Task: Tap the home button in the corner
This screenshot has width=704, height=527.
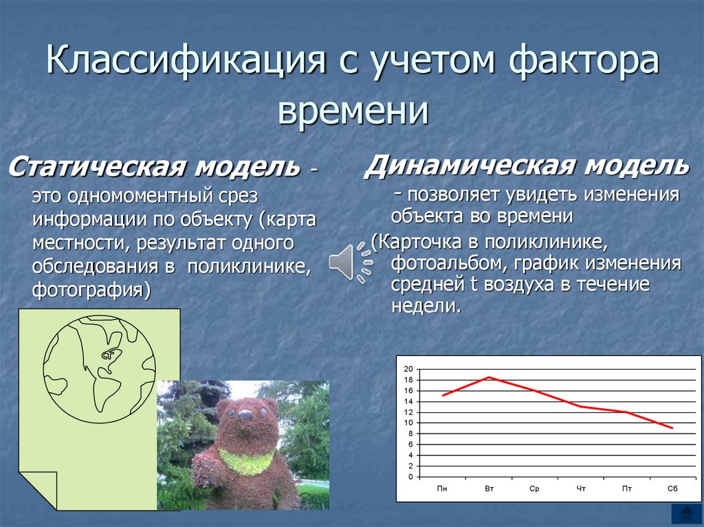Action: pos(685,513)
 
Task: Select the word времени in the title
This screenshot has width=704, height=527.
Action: pos(353,110)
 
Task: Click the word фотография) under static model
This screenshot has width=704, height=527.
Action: pos(91,289)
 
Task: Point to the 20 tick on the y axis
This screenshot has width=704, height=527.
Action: pos(408,369)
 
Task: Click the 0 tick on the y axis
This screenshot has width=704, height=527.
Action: pos(410,476)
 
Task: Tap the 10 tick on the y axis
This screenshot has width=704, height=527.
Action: pos(408,423)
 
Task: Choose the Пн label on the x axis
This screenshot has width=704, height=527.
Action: pos(442,489)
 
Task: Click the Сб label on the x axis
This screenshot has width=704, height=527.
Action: pos(672,489)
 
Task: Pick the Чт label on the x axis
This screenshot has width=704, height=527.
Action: pos(581,489)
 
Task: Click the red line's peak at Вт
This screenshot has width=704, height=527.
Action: pos(489,377)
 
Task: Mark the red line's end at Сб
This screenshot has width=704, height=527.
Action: pos(672,428)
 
